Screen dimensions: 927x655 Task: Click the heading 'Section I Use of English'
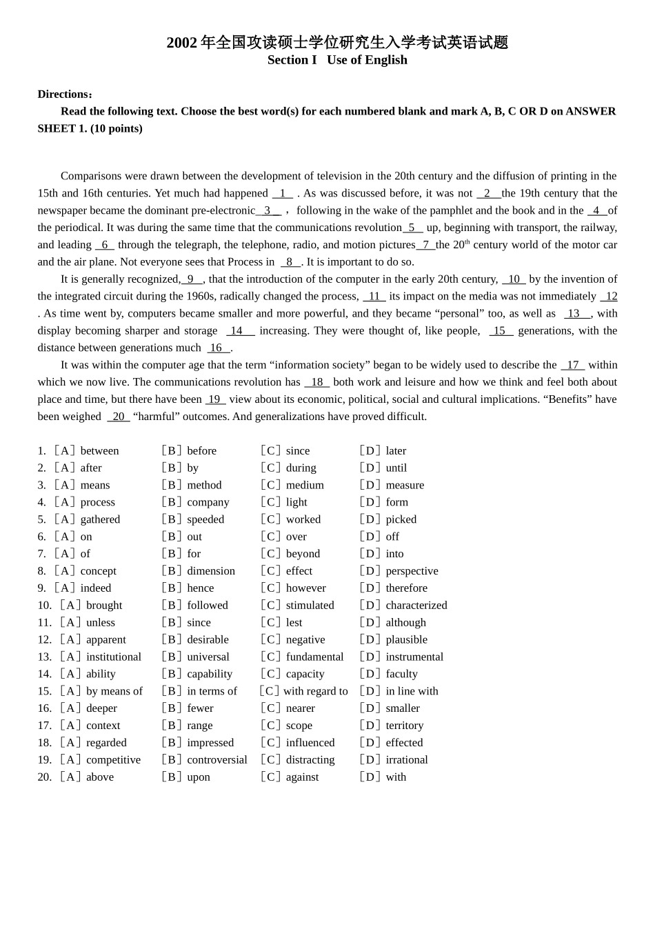(337, 60)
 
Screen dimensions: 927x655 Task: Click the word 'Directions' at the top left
(63, 94)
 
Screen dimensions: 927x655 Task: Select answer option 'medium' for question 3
(305, 485)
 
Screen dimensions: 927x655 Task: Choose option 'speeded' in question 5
(205, 519)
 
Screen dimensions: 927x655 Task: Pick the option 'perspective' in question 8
(412, 571)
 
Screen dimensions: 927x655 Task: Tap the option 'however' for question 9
(306, 588)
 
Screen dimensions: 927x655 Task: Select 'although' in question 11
(405, 622)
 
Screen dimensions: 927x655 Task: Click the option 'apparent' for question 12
(105, 639)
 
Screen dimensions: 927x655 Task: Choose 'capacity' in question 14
(305, 674)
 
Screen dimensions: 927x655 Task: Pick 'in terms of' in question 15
(212, 691)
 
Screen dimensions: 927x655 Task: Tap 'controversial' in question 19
(216, 759)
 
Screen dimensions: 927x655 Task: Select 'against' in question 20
(302, 777)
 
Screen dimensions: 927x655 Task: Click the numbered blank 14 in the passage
(239, 331)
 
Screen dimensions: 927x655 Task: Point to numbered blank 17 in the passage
(572, 365)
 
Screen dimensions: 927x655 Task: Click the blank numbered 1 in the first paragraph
(283, 194)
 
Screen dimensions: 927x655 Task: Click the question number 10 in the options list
(44, 606)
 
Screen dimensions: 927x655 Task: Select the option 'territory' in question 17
(404, 726)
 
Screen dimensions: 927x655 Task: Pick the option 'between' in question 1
(99, 451)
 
